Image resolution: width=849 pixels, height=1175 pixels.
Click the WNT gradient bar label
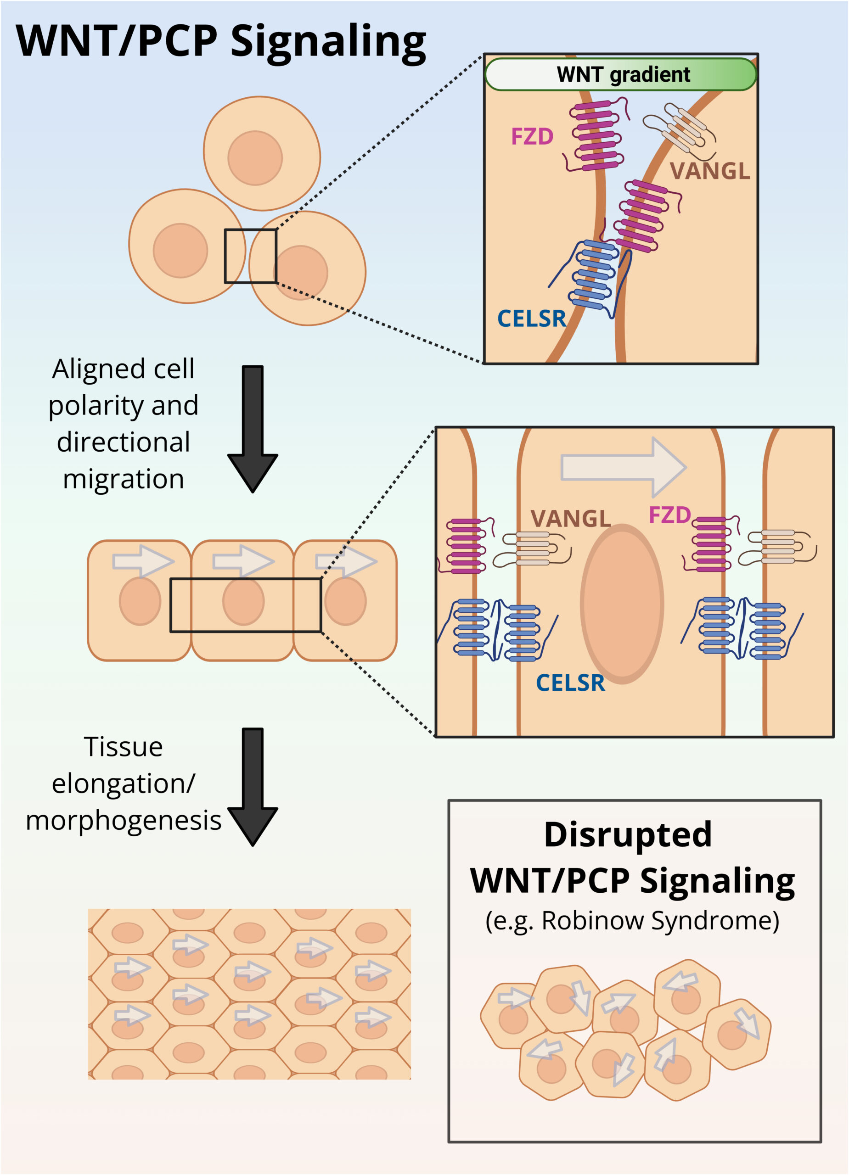(x=623, y=75)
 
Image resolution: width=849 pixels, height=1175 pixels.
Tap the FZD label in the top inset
(x=532, y=137)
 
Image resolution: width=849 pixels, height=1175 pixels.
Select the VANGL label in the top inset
(x=709, y=171)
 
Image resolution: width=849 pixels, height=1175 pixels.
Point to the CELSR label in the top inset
(x=531, y=319)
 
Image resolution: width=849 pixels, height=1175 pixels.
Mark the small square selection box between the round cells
(x=250, y=257)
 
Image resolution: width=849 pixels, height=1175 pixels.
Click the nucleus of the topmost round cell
(x=255, y=157)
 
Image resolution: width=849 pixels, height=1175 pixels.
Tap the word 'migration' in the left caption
(x=124, y=479)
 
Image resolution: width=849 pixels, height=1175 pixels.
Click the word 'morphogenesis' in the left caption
(x=124, y=821)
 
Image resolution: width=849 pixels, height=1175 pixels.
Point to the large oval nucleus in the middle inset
(x=622, y=604)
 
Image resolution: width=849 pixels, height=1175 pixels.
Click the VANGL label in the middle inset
(x=571, y=519)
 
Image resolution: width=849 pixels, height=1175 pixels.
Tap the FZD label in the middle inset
(x=669, y=515)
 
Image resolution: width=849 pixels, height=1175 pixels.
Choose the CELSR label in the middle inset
(x=570, y=683)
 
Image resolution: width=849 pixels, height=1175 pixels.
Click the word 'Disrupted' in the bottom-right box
(x=628, y=834)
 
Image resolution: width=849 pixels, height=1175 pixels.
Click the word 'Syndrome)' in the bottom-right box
(x=715, y=921)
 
